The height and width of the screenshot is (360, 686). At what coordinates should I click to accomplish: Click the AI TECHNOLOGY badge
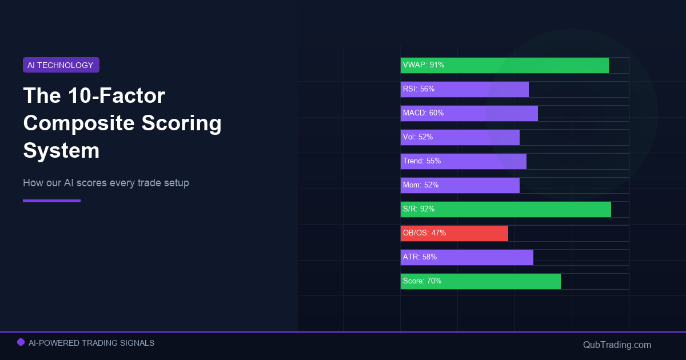[61, 65]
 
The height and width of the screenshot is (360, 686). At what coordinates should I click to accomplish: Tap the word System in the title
[61, 151]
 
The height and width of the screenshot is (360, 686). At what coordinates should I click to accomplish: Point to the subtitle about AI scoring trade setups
[106, 183]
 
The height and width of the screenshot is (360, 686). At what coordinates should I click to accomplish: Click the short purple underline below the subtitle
[51, 201]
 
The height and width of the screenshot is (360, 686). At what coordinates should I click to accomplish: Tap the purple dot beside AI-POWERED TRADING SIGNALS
[21, 342]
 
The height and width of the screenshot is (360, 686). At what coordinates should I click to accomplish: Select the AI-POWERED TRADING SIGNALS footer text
[91, 343]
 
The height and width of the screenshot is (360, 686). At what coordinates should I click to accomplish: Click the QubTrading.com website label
[617, 345]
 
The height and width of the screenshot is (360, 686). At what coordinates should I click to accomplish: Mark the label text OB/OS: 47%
[424, 233]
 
